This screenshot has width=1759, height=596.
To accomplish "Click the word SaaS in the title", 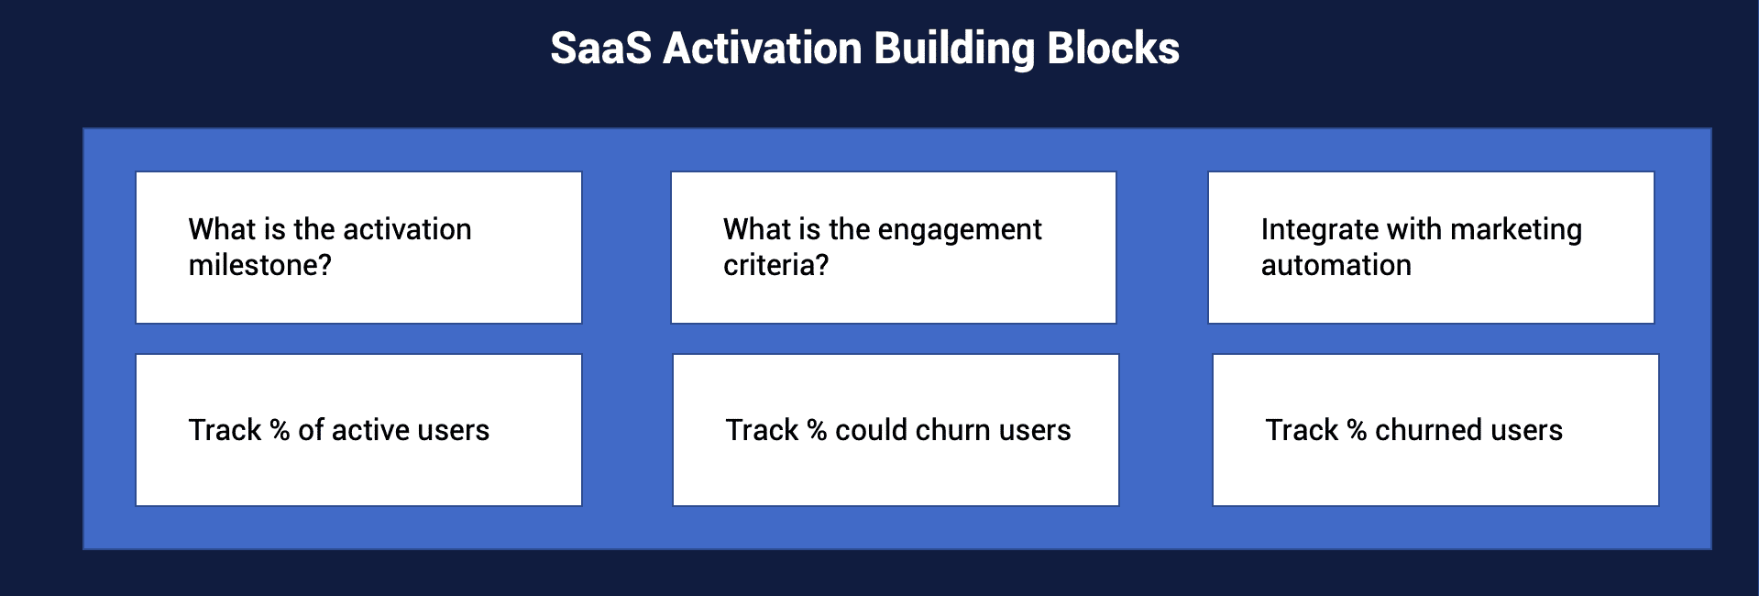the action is pos(600,49).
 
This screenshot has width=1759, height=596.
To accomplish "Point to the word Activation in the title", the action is pos(763,49).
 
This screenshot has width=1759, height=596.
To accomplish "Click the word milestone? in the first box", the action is pos(260,265).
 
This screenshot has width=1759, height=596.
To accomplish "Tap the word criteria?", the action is pos(776,265).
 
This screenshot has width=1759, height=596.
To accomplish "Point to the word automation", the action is pos(1336,266).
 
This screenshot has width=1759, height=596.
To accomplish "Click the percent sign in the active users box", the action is pos(280,430).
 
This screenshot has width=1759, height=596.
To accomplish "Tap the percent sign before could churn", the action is pos(817,430).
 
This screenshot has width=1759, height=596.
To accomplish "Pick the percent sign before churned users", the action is pos(1357,430).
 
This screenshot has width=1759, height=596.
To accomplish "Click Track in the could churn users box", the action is pos(763,430).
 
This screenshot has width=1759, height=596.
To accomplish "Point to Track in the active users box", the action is pos(225,430).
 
